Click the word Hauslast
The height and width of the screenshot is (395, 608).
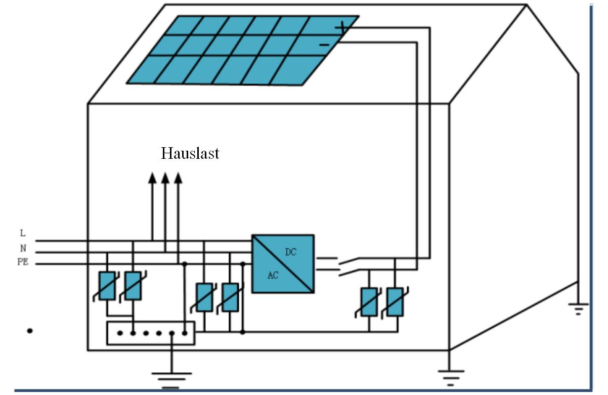coord(190,153)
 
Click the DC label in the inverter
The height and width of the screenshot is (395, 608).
coord(290,252)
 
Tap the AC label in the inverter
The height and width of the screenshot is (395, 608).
coord(273,275)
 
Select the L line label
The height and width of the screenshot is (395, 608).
coord(23,233)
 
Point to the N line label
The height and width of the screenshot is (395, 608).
coord(23,248)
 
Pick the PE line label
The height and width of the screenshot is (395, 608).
coord(23,262)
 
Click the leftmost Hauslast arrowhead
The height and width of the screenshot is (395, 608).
coord(152,178)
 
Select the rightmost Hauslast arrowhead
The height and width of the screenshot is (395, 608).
coord(178,178)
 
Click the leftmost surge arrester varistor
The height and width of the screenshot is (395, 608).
coord(107,286)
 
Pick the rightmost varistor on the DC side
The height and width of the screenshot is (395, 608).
coord(395,302)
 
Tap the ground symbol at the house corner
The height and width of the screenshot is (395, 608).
coord(451,378)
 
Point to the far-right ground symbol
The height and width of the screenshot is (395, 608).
coord(579,309)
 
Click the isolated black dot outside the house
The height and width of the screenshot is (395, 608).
coord(30,331)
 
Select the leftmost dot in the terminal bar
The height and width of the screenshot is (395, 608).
coord(120,333)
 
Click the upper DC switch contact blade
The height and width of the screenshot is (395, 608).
coord(349,261)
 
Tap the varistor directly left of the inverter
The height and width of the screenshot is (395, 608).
coord(230,297)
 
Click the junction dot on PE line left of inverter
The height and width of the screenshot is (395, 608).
coord(243,264)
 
